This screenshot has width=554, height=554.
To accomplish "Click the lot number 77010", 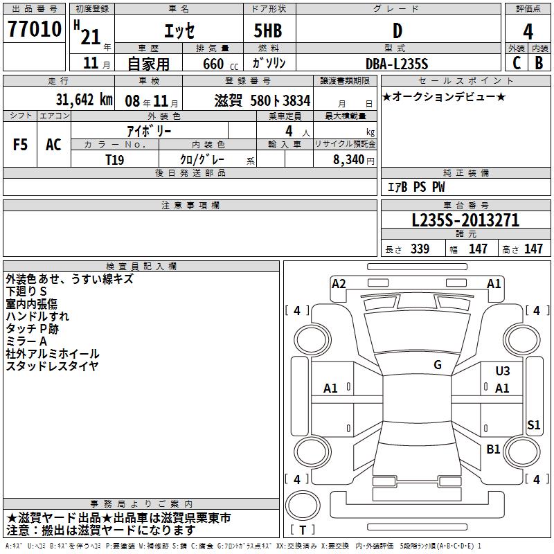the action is pyautogui.click(x=35, y=29).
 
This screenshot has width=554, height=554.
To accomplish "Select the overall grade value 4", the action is pyautogui.click(x=528, y=32).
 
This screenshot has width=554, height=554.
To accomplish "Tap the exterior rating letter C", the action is pyautogui.click(x=517, y=63).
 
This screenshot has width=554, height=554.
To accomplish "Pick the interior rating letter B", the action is pyautogui.click(x=539, y=63).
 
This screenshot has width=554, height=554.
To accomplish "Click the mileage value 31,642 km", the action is pyautogui.click(x=84, y=100).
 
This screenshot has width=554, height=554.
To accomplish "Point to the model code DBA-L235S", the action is pyautogui.click(x=397, y=64).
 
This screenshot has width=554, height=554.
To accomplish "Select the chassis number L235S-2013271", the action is pyautogui.click(x=465, y=220).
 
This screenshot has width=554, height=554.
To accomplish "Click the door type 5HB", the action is pyautogui.click(x=268, y=30).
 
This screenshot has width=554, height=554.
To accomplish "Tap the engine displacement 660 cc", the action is pyautogui.click(x=220, y=64).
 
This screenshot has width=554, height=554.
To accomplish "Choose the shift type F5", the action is pyautogui.click(x=20, y=145).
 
